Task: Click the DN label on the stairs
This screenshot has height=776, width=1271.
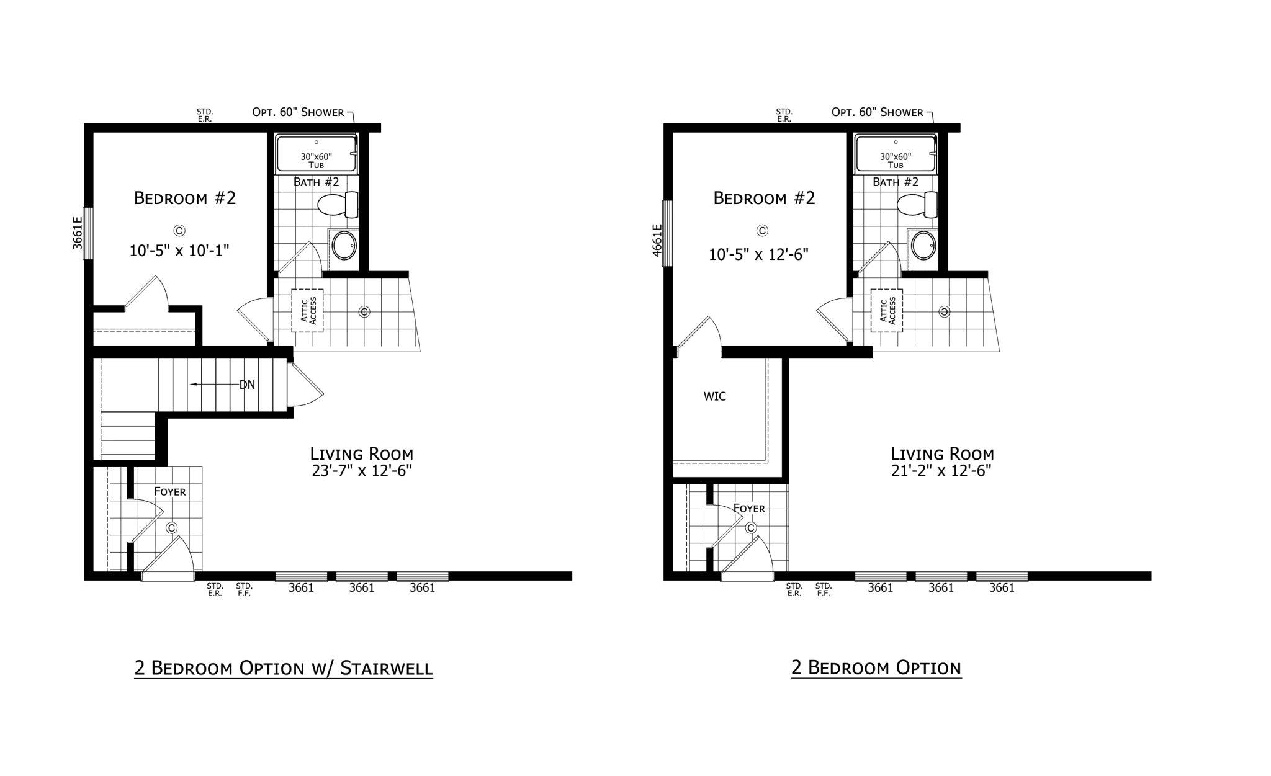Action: click(x=247, y=385)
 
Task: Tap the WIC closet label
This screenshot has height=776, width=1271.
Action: click(x=714, y=396)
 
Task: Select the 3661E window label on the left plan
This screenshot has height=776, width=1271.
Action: click(x=77, y=233)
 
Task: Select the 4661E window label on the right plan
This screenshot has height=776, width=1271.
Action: click(x=657, y=240)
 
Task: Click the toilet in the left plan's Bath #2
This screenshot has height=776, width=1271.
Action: click(x=338, y=205)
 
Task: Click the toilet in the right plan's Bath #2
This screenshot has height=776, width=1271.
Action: click(x=917, y=205)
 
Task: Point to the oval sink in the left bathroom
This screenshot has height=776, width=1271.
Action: click(x=344, y=246)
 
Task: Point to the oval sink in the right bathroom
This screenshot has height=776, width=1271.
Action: click(x=923, y=246)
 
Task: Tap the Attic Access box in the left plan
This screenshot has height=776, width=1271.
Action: click(x=307, y=310)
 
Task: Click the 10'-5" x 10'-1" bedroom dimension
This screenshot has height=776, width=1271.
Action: click(x=179, y=251)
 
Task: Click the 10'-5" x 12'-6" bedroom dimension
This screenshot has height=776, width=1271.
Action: click(x=758, y=254)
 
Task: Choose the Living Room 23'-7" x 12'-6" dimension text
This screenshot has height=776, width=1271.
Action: click(x=362, y=471)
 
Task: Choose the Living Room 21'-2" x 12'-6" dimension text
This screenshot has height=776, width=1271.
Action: click(x=941, y=471)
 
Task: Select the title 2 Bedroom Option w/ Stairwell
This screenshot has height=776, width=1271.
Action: click(x=284, y=668)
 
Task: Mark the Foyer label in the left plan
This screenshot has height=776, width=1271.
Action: click(x=170, y=492)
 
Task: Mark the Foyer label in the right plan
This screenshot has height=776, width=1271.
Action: click(x=749, y=509)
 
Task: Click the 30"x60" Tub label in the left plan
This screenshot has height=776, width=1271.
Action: click(x=317, y=161)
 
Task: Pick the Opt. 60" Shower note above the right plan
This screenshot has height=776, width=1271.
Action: click(x=878, y=112)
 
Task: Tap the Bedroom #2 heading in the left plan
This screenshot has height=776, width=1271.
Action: click(x=185, y=198)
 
